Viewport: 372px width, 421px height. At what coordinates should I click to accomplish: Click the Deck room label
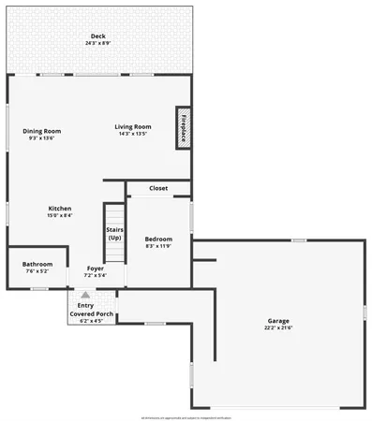(98, 36)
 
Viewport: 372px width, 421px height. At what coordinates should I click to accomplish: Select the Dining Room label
(42, 130)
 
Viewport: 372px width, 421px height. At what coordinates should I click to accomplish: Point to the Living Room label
(133, 126)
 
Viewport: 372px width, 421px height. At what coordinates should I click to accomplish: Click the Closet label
(158, 188)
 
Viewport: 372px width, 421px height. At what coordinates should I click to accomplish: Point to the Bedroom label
(158, 239)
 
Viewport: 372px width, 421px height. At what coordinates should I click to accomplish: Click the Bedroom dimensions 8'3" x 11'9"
(158, 246)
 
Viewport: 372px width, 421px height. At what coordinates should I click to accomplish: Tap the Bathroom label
(37, 264)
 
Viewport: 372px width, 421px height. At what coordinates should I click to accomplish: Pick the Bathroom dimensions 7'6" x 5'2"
(37, 271)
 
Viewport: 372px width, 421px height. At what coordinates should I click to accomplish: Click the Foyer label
(95, 268)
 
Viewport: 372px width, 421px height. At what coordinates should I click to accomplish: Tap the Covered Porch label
(92, 313)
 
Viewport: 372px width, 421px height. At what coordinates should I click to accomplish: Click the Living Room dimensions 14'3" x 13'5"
(133, 134)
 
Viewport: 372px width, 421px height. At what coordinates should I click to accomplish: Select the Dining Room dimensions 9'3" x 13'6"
(42, 138)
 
